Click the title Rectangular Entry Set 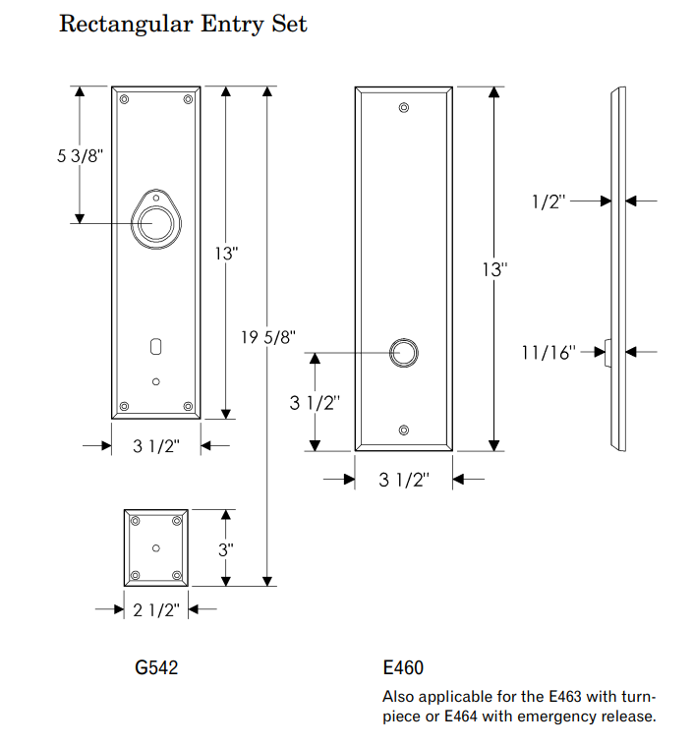[183, 24]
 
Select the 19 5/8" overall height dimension [268, 338]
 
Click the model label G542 [156, 668]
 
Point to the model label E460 [403, 668]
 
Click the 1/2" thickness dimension [549, 201]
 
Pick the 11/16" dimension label [549, 351]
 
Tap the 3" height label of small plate [227, 549]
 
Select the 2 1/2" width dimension [157, 609]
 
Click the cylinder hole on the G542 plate [156, 222]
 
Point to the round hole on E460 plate [403, 353]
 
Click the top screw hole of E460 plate [403, 108]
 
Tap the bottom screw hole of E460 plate [403, 430]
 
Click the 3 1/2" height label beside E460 [314, 402]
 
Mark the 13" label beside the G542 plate [227, 253]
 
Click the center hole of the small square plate [156, 547]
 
